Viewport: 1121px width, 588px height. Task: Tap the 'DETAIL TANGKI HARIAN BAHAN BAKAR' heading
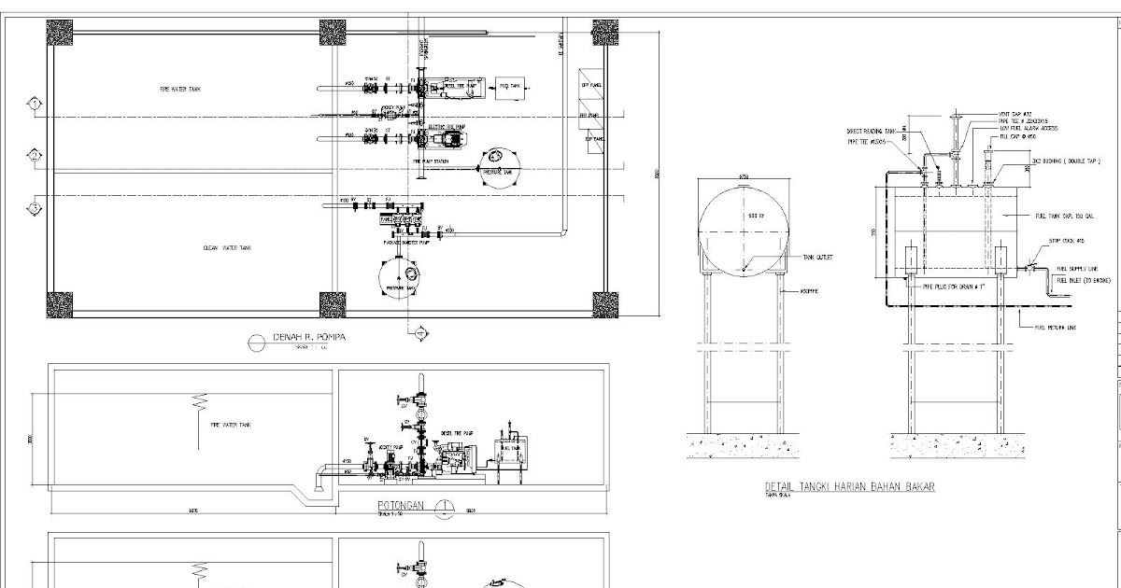(849, 487)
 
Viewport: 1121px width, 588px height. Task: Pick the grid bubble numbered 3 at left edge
(35, 207)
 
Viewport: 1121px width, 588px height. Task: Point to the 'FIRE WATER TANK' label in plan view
(180, 89)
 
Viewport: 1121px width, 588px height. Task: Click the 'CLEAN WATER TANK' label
(228, 248)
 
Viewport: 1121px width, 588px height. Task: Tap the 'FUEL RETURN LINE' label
(1056, 328)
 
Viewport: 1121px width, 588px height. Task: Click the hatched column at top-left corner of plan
(61, 33)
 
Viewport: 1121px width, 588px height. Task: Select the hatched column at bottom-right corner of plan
(603, 304)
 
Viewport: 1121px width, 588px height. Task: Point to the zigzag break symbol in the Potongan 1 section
(198, 404)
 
